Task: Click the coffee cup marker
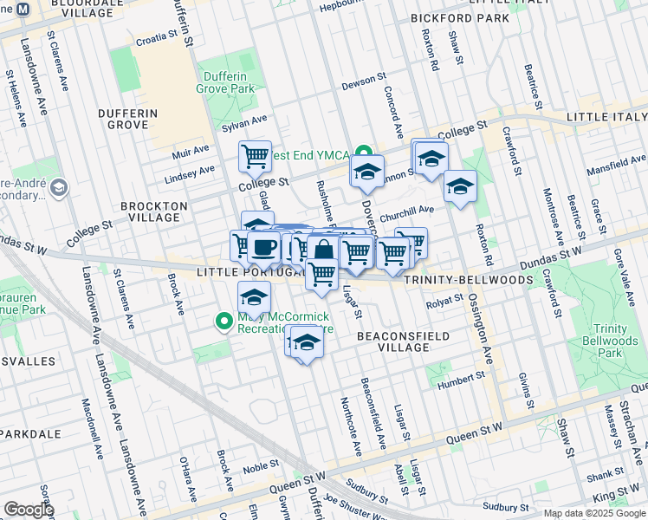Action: point(263,247)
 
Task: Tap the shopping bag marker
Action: point(323,250)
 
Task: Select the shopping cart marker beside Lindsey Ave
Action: point(255,157)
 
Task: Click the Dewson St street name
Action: point(363,80)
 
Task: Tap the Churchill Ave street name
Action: point(406,211)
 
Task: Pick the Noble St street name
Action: point(260,467)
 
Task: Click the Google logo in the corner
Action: point(29,510)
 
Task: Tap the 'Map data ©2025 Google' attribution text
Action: point(594,513)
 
